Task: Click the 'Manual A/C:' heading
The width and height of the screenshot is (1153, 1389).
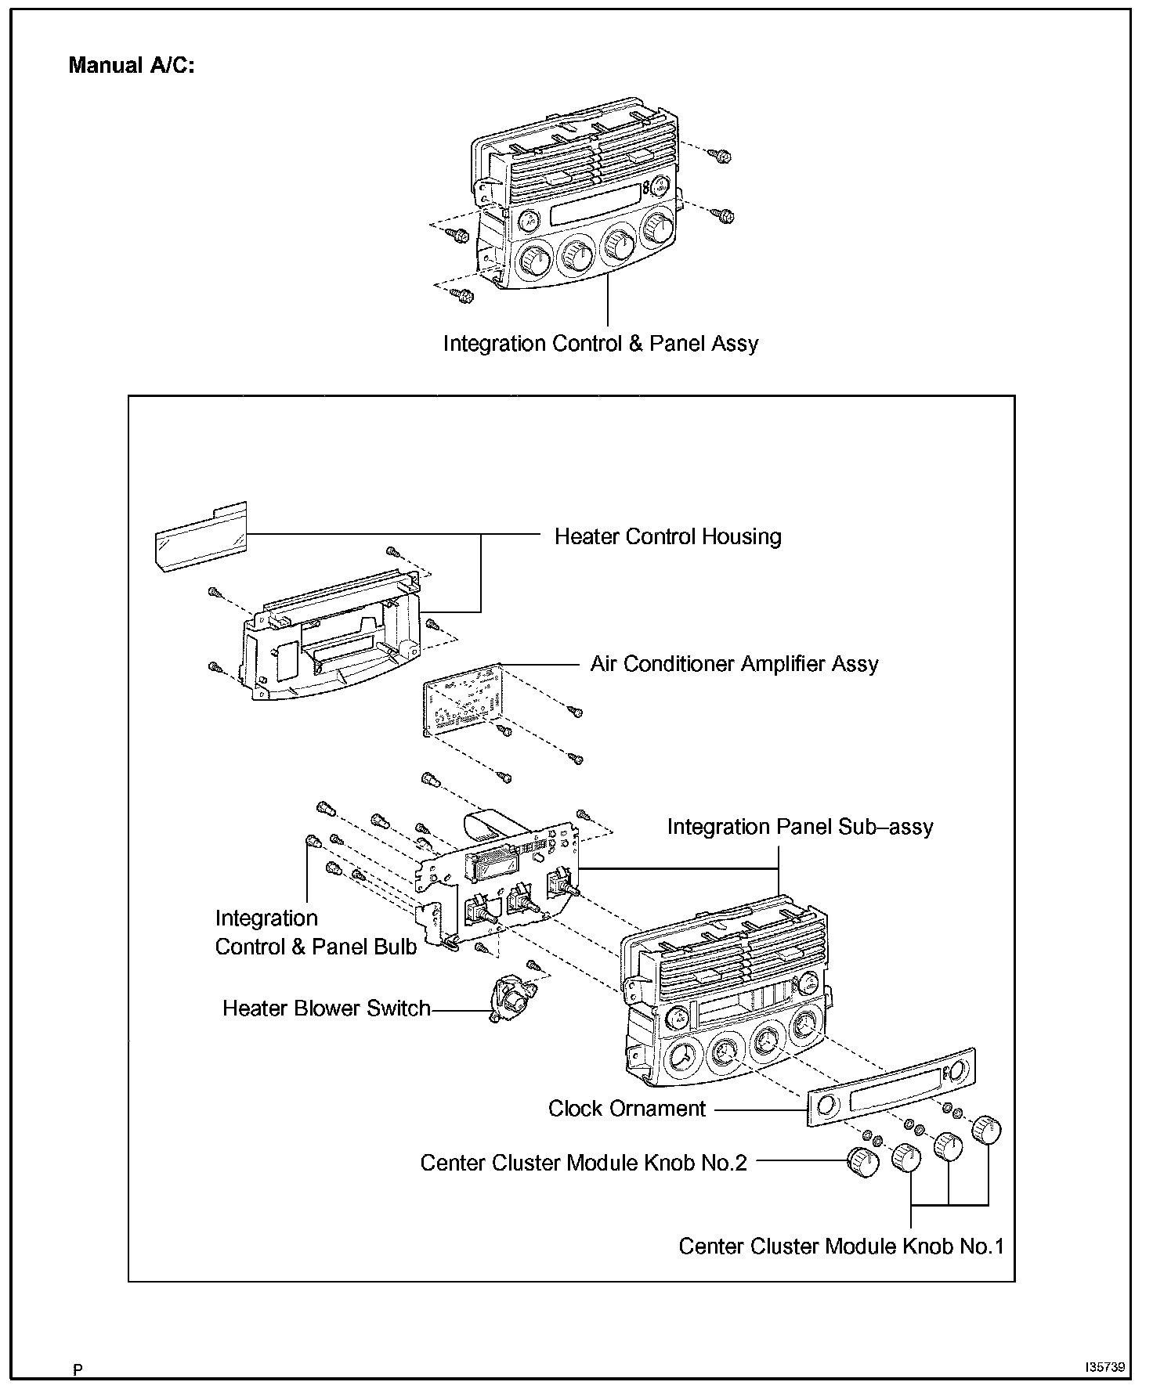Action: click(131, 65)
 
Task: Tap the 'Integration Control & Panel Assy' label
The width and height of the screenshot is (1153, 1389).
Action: click(601, 344)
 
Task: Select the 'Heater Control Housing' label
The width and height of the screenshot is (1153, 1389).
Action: click(667, 537)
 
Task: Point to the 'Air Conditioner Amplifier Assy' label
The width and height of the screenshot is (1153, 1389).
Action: click(734, 664)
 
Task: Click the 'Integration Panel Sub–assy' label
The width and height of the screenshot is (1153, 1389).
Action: click(800, 827)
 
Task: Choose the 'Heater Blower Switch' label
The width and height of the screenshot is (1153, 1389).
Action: click(327, 1008)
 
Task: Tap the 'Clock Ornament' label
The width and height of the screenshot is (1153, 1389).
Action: click(627, 1109)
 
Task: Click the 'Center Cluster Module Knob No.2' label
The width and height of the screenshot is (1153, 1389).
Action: click(584, 1163)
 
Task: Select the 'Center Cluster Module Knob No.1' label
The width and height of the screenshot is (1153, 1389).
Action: click(840, 1246)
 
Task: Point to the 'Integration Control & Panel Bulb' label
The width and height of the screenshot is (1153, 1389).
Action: click(316, 933)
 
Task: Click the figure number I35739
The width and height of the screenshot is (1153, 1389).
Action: click(1104, 1367)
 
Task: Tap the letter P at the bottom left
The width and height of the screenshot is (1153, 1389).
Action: click(78, 1369)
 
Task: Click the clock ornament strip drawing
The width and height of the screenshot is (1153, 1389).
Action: click(891, 1088)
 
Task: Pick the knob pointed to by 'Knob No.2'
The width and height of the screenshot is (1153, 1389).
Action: click(863, 1162)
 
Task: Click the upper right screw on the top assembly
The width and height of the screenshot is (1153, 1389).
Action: click(723, 156)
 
